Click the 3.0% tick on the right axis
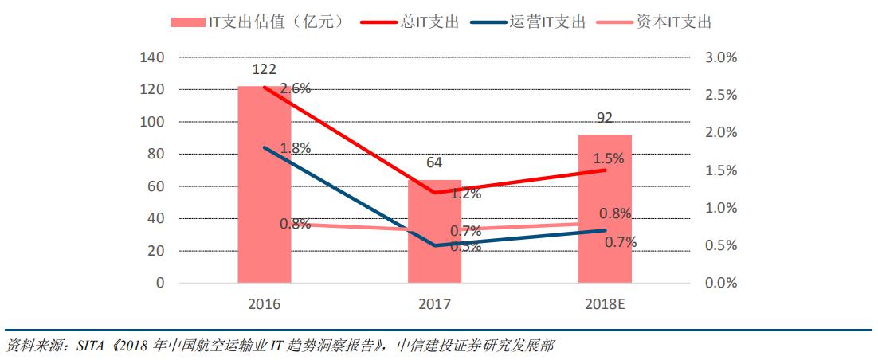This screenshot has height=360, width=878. click(x=722, y=57)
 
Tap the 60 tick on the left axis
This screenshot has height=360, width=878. click(x=156, y=186)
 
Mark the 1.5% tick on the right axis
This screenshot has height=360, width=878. click(x=722, y=170)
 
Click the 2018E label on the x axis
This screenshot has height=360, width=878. click(x=605, y=304)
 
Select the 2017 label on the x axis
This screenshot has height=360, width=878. click(x=434, y=304)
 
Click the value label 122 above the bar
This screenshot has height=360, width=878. click(x=264, y=69)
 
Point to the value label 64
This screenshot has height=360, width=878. click(x=434, y=163)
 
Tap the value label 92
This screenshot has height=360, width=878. click(x=605, y=119)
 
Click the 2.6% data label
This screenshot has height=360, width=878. click(x=295, y=89)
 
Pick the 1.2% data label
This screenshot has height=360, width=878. click(x=465, y=193)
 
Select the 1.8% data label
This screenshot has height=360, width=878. click(x=295, y=148)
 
